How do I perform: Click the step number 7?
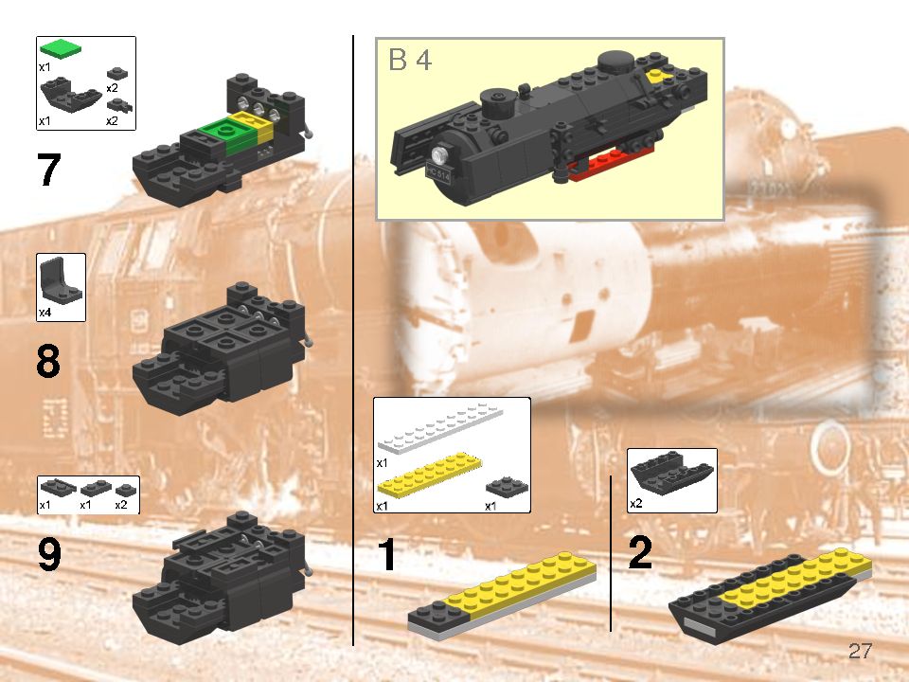click(x=48, y=170)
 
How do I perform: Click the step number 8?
click(x=48, y=363)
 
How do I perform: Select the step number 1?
click(x=386, y=555)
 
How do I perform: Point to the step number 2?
click(x=640, y=553)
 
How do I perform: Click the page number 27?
click(x=860, y=652)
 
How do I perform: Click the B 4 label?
click(x=410, y=61)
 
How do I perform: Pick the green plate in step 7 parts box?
click(x=61, y=47)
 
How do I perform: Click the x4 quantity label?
click(x=45, y=312)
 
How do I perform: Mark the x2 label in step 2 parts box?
click(x=636, y=504)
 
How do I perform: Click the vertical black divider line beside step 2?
click(x=611, y=553)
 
